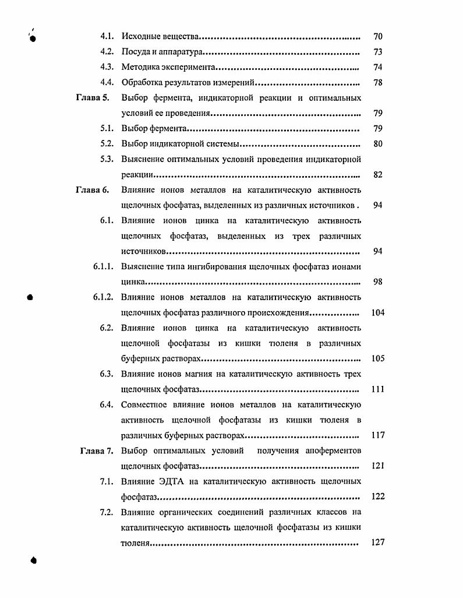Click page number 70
(377, 37)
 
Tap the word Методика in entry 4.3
(140, 67)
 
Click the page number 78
(377, 83)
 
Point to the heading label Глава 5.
(93, 98)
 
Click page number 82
(377, 175)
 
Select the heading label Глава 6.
(93, 190)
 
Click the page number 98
(377, 282)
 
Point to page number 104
(377, 312)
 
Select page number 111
(377, 389)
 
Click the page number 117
(377, 435)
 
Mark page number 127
(377, 543)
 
